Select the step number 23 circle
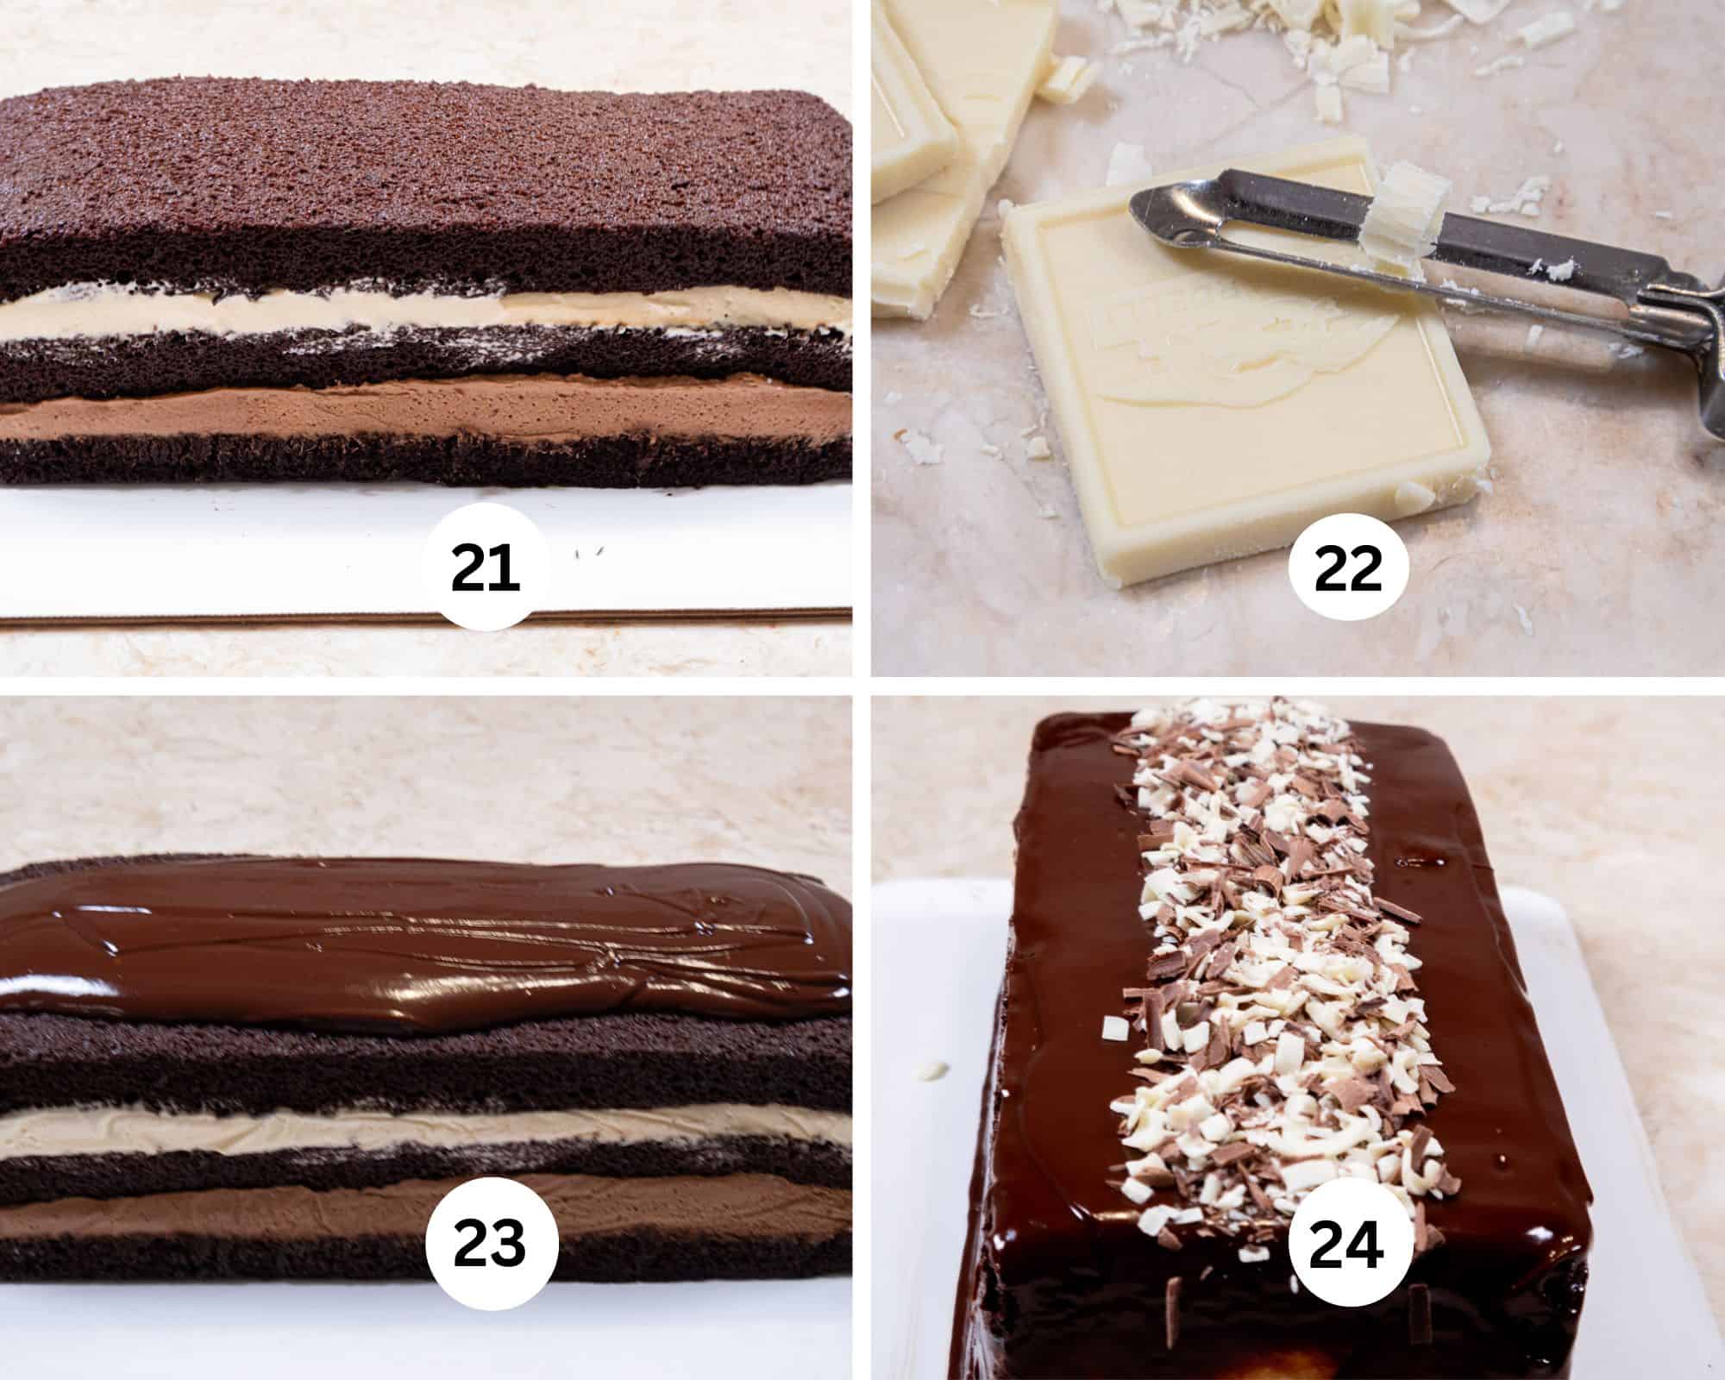[489, 1245]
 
